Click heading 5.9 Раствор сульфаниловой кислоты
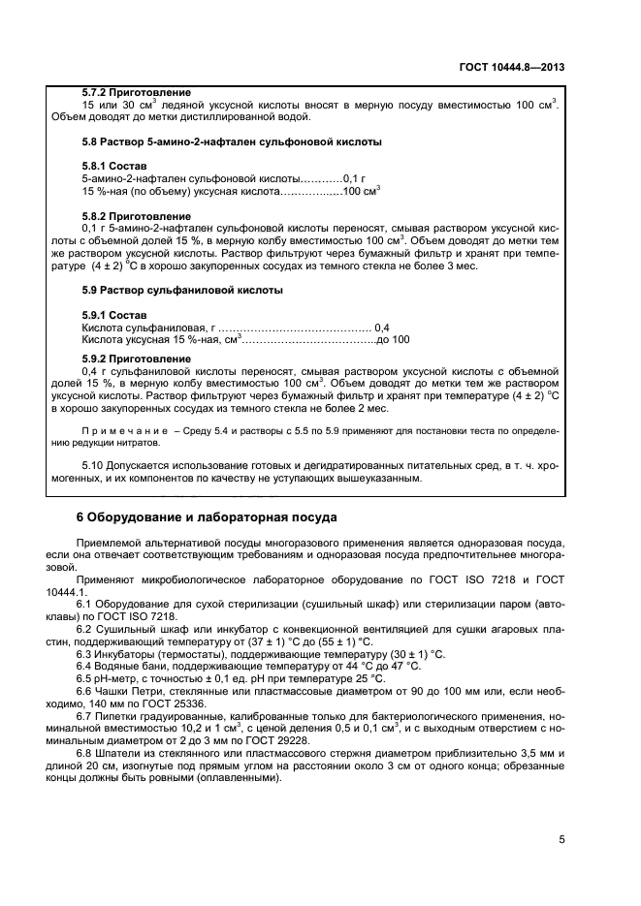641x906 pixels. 182,290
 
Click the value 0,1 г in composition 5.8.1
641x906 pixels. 350,179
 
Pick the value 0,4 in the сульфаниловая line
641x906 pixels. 381,328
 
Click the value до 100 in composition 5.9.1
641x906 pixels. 393,340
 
